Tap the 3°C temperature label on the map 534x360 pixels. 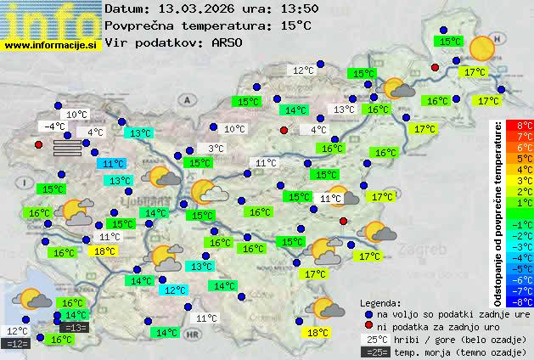click(216, 149)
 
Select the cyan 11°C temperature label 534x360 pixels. click(112, 163)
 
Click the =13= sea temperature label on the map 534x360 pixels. click(75, 328)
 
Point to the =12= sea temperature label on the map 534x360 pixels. click(16, 344)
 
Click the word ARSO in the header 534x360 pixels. click(228, 42)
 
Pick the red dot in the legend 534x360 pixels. click(368, 326)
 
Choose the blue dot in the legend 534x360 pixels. click(368, 313)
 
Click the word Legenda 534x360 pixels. click(380, 302)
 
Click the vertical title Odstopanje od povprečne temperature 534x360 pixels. click(498, 213)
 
